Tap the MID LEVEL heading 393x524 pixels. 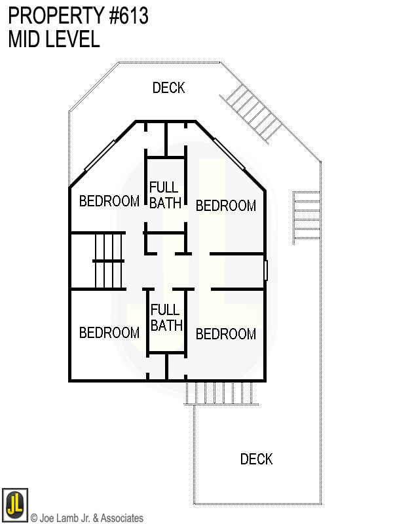pyautogui.click(x=54, y=39)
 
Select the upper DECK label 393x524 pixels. pyautogui.click(x=168, y=88)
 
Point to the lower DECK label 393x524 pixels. pyautogui.click(x=256, y=459)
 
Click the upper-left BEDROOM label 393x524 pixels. pyautogui.click(x=109, y=201)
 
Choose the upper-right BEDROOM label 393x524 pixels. pyautogui.click(x=225, y=206)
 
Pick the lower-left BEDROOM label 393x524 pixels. pyautogui.click(x=109, y=333)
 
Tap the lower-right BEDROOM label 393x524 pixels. pyautogui.click(x=225, y=334)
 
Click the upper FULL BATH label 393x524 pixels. pyautogui.click(x=164, y=195)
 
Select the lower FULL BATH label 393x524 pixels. pyautogui.click(x=166, y=317)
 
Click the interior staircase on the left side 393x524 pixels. pyautogui.click(x=109, y=261)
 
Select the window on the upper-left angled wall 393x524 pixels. pyautogui.click(x=101, y=152)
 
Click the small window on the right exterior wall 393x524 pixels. pyautogui.click(x=266, y=270)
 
